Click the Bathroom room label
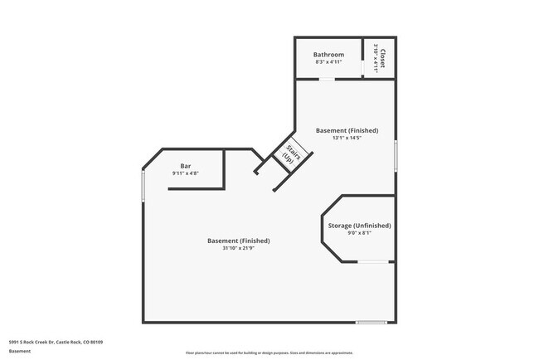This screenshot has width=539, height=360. pos(328,55)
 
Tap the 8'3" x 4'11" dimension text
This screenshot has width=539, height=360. pos(328,63)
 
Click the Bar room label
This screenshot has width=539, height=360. pos(186,165)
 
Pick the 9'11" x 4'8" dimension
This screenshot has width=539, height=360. pos(186,173)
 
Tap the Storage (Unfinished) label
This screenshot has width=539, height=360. pos(359,225)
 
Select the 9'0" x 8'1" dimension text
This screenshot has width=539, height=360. pos(359,233)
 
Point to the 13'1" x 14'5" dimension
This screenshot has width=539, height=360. pos(347,139)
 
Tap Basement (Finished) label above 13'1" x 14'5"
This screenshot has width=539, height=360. pos(347,130)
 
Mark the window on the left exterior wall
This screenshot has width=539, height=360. pos(143,186)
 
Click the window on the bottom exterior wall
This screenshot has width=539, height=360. pos(371,323)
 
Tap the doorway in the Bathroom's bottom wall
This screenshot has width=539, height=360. pos(328,80)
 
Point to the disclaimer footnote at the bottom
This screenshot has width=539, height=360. pos(269,353)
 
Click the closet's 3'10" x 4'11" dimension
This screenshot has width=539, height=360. pos(376,58)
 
